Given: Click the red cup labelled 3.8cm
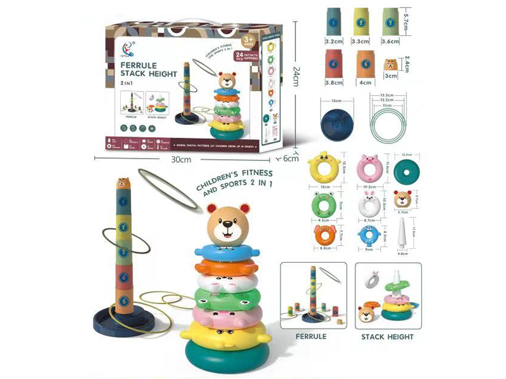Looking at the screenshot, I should pyautogui.click(x=334, y=63).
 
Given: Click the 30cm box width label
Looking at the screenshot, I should pyautogui.click(x=181, y=160).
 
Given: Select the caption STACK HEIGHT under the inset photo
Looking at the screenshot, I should pyautogui.click(x=387, y=337).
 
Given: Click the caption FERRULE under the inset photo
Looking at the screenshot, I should pyautogui.click(x=311, y=337).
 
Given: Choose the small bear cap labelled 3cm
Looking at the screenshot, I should pyautogui.click(x=392, y=64).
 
